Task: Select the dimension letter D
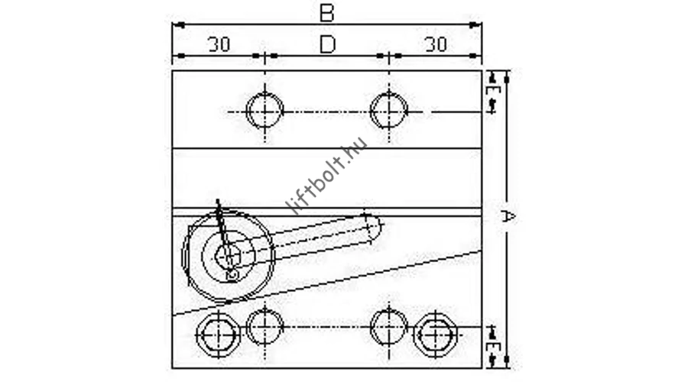[x=327, y=44]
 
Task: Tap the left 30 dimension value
[x=219, y=44]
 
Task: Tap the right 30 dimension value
[x=436, y=44]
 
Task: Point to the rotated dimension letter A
[x=508, y=216]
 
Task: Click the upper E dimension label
[x=494, y=93]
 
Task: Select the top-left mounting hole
[x=264, y=111]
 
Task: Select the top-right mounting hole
[x=389, y=110]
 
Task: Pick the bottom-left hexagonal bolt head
[x=218, y=335]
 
